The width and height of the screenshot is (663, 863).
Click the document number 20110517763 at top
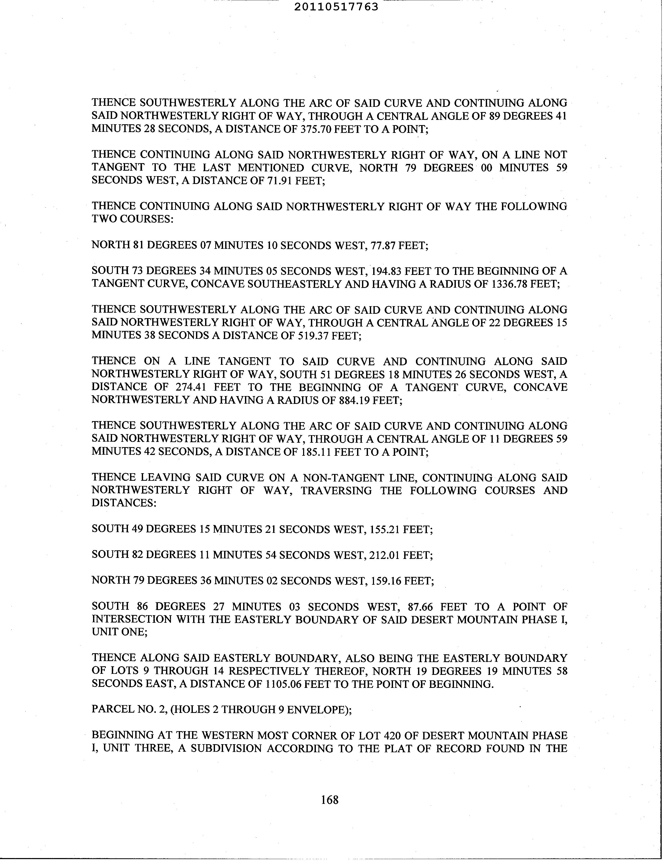(x=336, y=7)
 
